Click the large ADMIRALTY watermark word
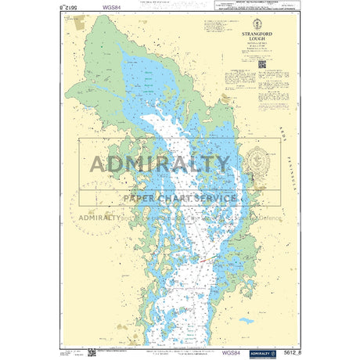pos(160,164)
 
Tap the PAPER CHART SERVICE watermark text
pos(179,198)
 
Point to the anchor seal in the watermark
pos(256,165)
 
